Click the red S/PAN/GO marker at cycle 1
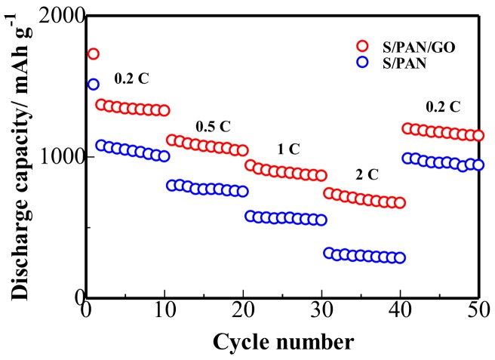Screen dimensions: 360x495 pos(93,54)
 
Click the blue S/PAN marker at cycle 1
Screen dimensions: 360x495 pos(93,84)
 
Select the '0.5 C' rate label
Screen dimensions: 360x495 pos(214,124)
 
